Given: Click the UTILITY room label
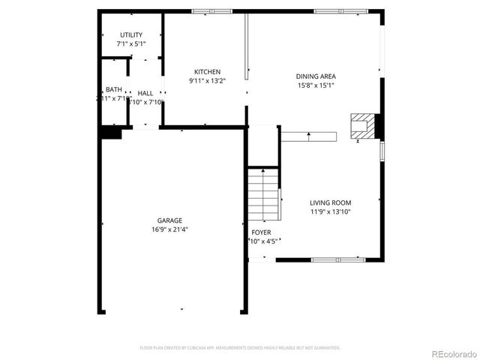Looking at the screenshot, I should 131,35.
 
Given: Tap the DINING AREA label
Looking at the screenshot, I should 315,76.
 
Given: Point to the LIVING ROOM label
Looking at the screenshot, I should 330,202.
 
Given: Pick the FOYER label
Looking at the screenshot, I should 261,232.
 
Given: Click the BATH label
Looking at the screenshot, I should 113,89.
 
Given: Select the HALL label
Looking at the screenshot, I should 145,93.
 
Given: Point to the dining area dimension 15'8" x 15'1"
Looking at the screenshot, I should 315,85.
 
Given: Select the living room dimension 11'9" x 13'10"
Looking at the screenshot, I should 330,212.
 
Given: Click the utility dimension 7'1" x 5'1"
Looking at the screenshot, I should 131,44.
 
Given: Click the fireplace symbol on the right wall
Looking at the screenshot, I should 364,125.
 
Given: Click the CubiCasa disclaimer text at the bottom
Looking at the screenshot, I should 240,348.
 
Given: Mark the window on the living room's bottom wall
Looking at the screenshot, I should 337,259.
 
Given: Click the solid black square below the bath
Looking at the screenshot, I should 111,132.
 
